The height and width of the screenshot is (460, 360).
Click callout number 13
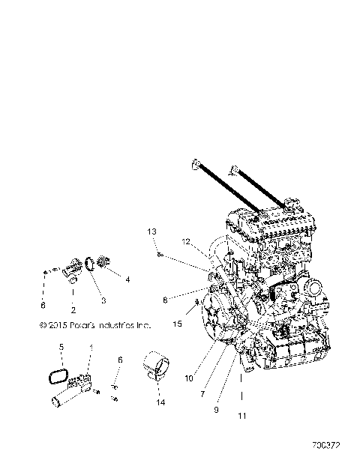[151, 232]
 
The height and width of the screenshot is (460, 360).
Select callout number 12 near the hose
[184, 241]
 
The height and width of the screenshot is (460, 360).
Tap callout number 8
[165, 300]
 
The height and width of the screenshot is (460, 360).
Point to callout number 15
[177, 324]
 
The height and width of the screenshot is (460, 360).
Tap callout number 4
[127, 279]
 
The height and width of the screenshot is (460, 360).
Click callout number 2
[72, 309]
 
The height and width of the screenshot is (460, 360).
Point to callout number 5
[62, 347]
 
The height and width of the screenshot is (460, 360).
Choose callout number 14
[160, 402]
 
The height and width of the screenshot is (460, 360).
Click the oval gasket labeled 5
[58, 373]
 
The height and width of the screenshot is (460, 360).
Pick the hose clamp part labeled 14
[157, 366]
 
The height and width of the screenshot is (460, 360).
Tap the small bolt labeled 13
[160, 255]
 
